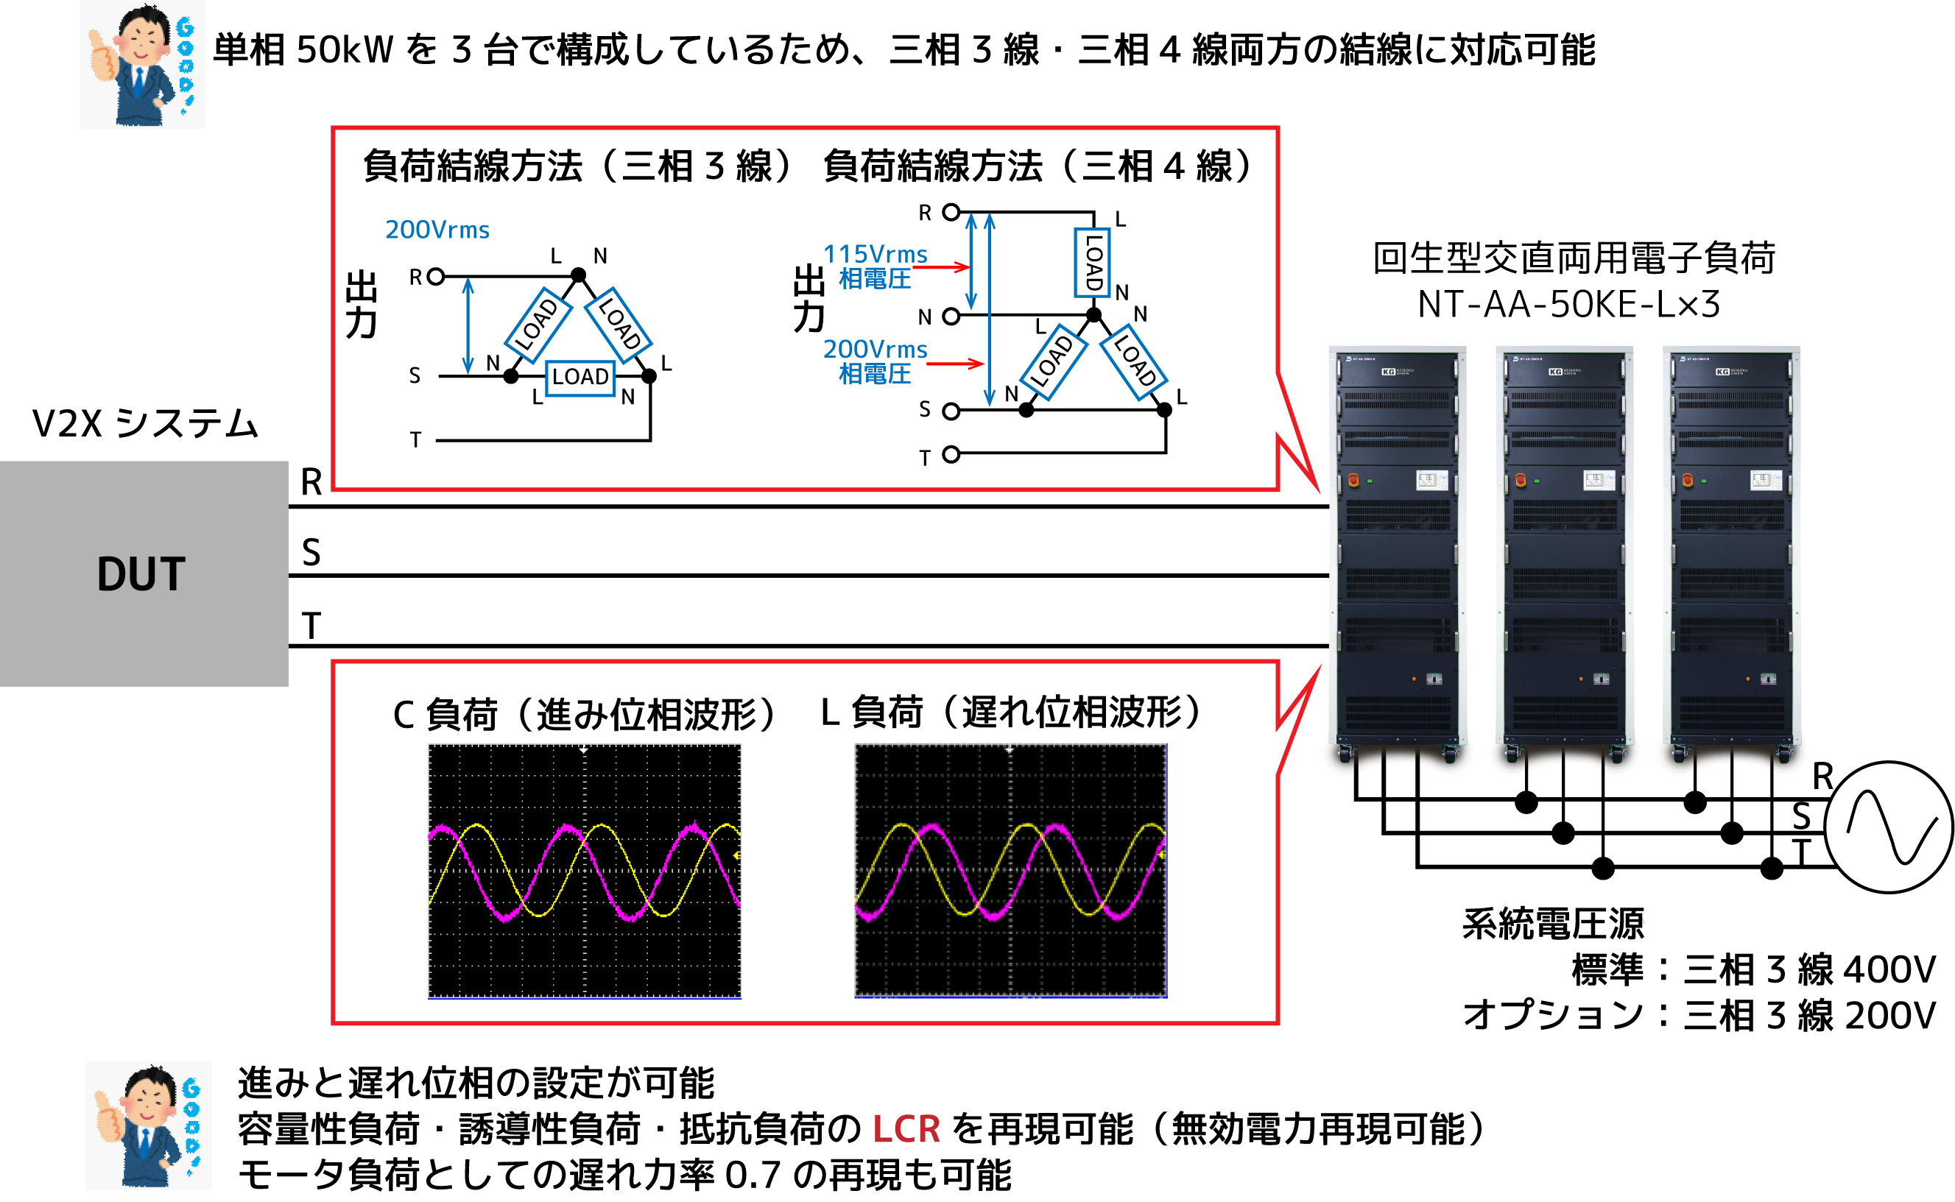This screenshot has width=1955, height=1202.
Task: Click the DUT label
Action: (141, 574)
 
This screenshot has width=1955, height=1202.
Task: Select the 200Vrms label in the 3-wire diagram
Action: (437, 230)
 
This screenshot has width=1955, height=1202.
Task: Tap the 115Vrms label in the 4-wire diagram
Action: (875, 254)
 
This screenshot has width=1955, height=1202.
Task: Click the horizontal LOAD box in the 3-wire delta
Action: (580, 377)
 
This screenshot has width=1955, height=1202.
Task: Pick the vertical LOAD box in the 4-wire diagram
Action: (1093, 263)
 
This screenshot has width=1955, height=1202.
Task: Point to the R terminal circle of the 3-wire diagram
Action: (435, 277)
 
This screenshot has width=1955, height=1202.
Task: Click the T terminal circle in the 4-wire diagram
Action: (951, 455)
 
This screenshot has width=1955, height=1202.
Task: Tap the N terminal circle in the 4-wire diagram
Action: (951, 317)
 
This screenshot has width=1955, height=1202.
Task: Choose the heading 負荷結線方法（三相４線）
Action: (1038, 166)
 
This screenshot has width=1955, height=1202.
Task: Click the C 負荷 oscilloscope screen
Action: (585, 871)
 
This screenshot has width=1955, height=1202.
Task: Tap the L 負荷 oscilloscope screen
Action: (1010, 871)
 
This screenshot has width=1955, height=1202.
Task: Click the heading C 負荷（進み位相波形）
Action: (585, 713)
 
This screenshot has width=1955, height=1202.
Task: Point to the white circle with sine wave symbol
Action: (1888, 827)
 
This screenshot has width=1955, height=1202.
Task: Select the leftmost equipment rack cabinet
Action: (1397, 556)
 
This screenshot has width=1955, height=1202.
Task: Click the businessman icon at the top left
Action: (147, 71)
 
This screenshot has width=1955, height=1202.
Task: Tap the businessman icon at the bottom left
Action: (149, 1131)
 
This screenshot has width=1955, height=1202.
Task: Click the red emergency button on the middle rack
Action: (1520, 480)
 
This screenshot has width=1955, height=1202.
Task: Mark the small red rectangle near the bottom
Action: (914, 1136)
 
